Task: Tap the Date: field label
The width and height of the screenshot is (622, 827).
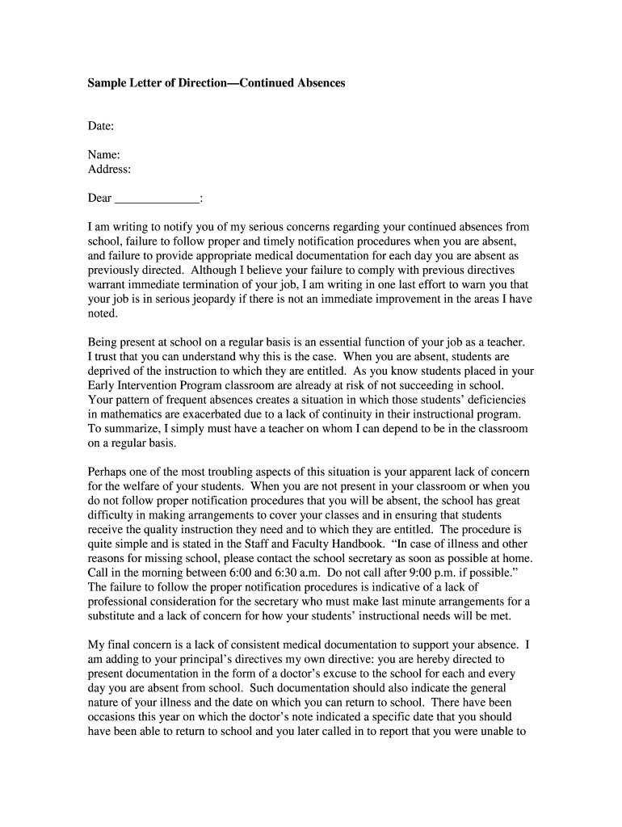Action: [101, 127]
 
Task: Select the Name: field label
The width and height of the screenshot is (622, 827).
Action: [104, 155]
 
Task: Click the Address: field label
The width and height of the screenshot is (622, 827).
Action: [109, 170]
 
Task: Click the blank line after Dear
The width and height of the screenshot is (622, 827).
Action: [158, 199]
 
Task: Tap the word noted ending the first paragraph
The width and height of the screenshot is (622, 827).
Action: [103, 314]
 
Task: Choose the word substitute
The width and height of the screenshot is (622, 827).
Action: [114, 617]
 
